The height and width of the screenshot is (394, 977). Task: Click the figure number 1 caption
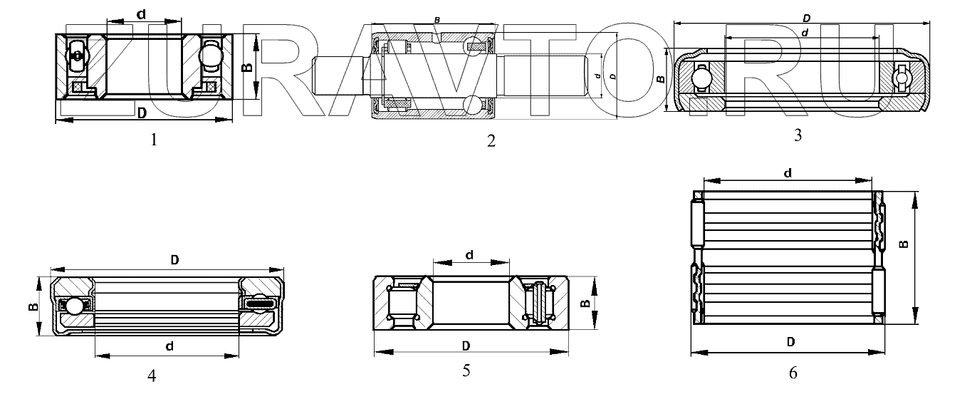[154, 140]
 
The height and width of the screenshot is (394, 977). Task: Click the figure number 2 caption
[491, 141]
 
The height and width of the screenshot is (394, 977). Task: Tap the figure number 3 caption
[798, 135]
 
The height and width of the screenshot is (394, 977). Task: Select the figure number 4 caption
[152, 375]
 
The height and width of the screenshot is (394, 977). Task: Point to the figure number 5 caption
[466, 370]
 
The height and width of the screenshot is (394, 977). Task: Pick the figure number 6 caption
[793, 373]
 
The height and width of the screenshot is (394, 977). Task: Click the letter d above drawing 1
[141, 14]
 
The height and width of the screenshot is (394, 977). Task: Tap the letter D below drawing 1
[142, 113]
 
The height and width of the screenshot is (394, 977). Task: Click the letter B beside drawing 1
[247, 67]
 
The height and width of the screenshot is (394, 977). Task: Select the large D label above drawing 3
[807, 19]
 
